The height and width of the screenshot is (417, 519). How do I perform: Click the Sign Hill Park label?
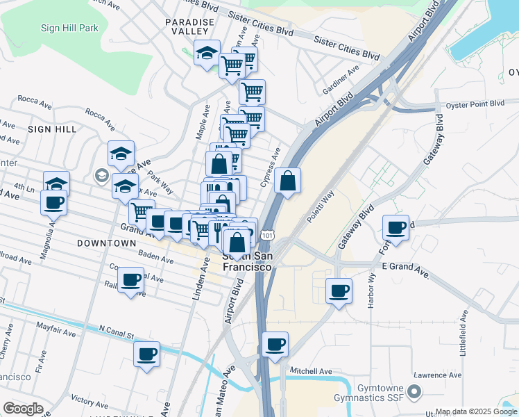69,28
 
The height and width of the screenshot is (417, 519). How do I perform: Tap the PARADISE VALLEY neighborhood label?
187,27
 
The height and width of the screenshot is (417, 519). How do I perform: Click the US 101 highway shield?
268,237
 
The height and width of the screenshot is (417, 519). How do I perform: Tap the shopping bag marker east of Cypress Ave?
287,181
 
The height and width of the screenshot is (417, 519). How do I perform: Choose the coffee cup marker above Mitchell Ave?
275,344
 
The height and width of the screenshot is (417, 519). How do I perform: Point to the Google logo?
23,409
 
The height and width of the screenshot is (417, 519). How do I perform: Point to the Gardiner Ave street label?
341,81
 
